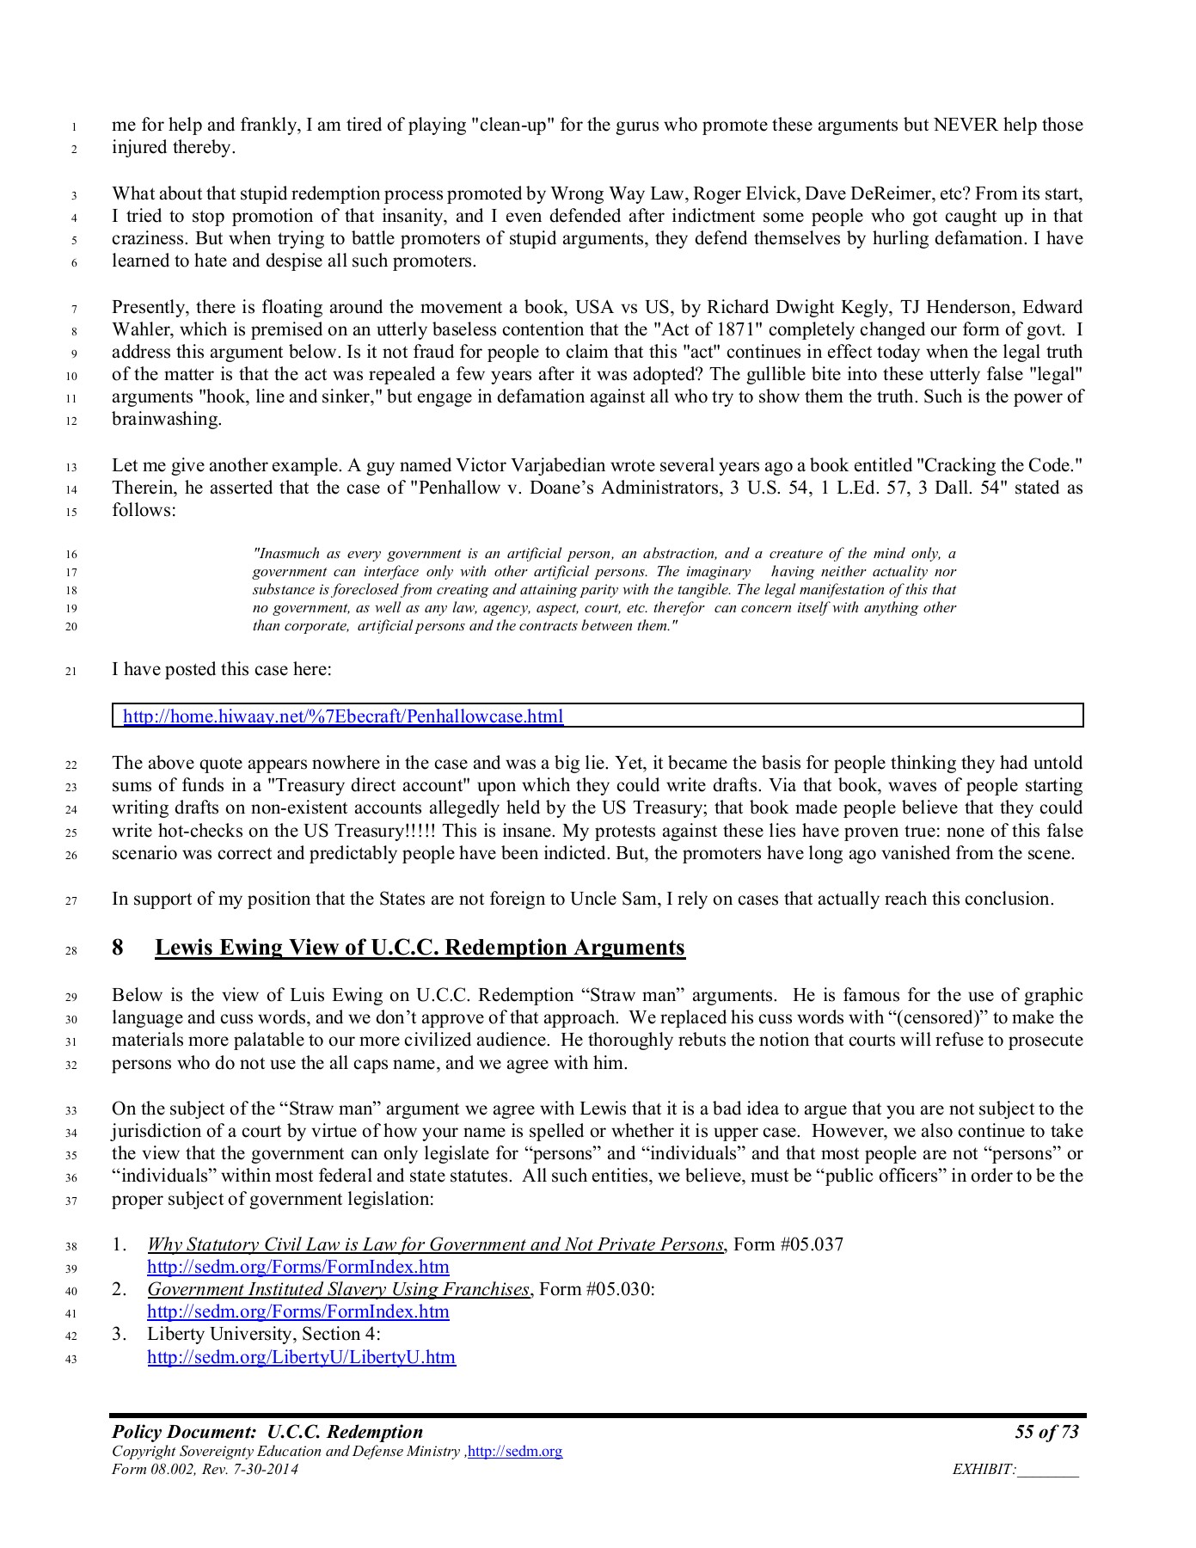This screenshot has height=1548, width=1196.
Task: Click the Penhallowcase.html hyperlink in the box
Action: pos(343,716)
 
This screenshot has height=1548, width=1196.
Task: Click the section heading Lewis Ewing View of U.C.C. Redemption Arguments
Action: pos(420,948)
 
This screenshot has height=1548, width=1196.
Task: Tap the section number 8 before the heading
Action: pos(118,948)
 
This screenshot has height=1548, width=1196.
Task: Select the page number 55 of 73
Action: pos(1046,1432)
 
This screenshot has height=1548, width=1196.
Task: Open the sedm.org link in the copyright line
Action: pos(514,1452)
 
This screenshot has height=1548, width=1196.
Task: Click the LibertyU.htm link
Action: pos(301,1357)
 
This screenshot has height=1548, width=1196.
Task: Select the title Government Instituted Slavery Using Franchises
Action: pos(338,1289)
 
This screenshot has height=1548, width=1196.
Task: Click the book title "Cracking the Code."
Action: pos(999,466)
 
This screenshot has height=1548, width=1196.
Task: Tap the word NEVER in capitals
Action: pos(966,125)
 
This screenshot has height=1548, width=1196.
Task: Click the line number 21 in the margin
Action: pos(71,671)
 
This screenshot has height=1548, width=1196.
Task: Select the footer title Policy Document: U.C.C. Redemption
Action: pos(267,1432)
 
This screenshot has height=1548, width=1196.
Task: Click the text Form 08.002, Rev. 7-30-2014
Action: pos(205,1470)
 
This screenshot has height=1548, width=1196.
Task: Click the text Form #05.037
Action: pos(788,1244)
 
